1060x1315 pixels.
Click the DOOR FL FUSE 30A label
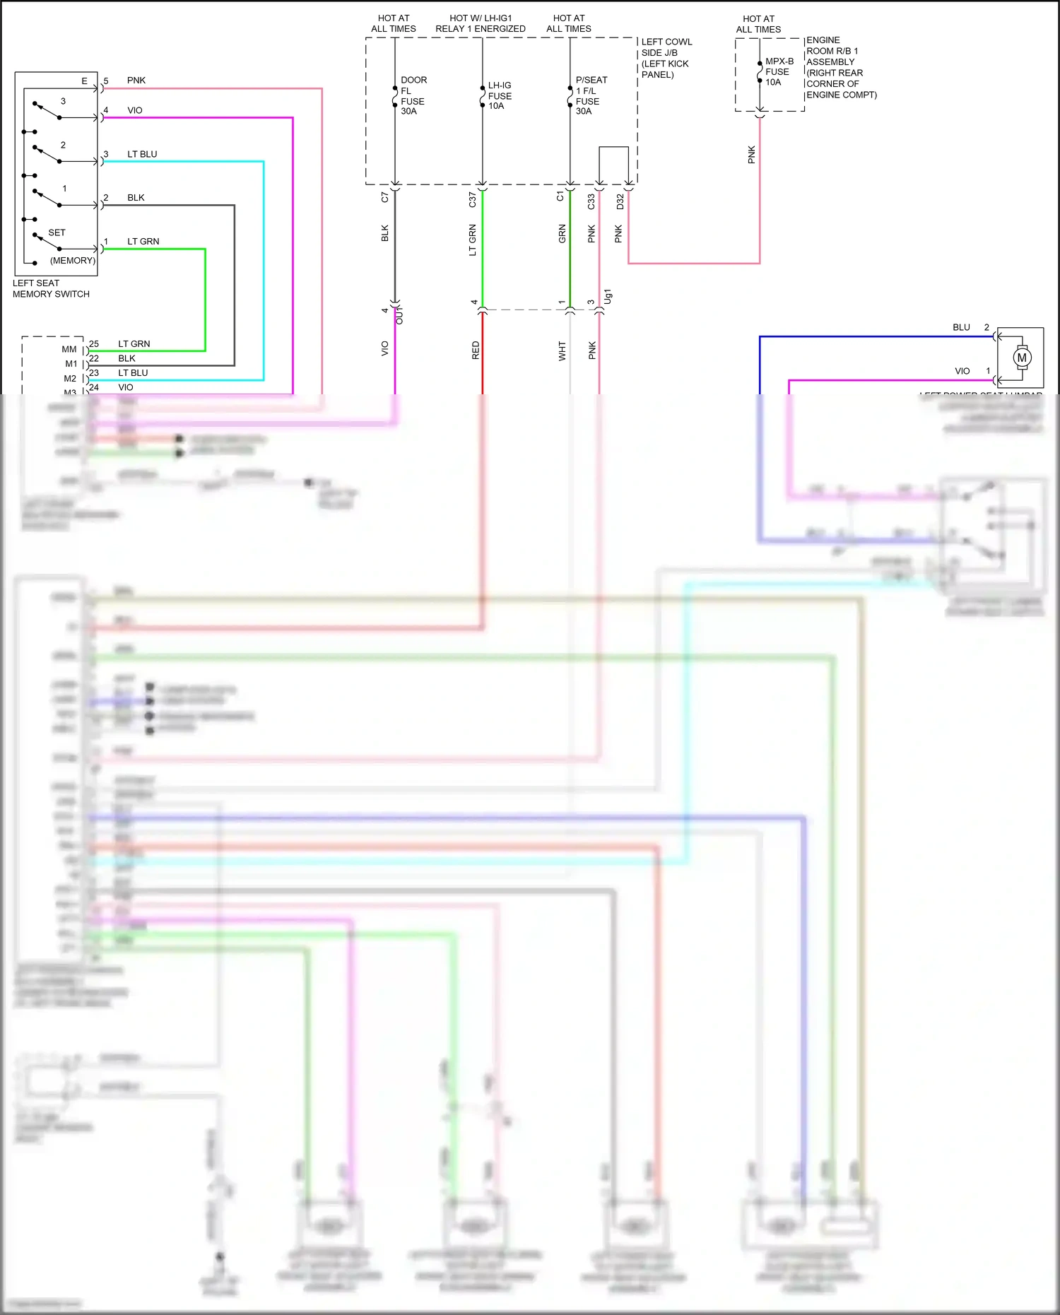pos(413,95)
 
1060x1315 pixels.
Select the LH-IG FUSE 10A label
pos(500,95)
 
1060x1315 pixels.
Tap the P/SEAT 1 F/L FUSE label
pos(589,95)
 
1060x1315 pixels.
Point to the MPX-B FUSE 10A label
pos(778,72)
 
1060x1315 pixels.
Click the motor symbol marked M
pos(1021,358)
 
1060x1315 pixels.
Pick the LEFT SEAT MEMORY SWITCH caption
pos(50,288)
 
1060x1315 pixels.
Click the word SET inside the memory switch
pos(57,232)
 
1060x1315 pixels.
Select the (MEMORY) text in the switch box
pos(72,261)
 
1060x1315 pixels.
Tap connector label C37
pos(472,200)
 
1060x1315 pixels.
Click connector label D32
pos(620,201)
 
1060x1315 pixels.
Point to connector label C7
pos(384,197)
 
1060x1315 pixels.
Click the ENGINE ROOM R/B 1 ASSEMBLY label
pos(840,67)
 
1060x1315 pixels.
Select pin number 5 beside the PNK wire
pos(106,81)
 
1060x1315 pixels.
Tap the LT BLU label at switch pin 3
pos(142,154)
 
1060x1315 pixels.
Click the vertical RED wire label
pos(476,350)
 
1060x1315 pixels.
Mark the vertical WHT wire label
pos(562,351)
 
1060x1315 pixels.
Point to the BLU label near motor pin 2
pos(961,327)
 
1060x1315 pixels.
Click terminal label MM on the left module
pos(69,349)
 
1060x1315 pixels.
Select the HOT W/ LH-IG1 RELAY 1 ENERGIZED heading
pos(481,23)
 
